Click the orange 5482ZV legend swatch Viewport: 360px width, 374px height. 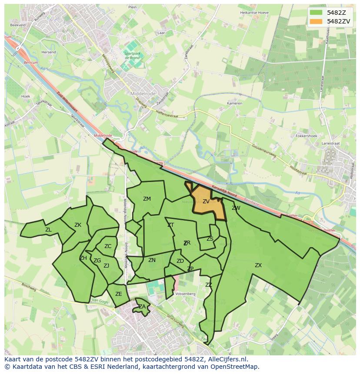[x=317, y=21]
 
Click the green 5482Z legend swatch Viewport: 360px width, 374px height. [x=317, y=13]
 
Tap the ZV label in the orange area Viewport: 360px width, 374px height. [x=206, y=202]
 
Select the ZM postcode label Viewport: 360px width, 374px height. [x=147, y=199]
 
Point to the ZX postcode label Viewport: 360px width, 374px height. [x=258, y=265]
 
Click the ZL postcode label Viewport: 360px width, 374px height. [x=48, y=230]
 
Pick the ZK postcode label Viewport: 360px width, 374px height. [x=78, y=225]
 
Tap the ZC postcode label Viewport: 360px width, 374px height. [x=108, y=246]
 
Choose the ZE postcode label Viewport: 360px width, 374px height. [x=119, y=294]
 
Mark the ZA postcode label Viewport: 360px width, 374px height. [x=142, y=307]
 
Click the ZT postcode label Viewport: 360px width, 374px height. [x=170, y=225]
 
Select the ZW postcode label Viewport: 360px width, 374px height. [x=236, y=208]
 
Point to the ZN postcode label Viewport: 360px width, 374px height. [x=152, y=260]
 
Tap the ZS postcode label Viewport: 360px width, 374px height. [x=210, y=239]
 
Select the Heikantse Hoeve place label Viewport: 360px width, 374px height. [x=255, y=13]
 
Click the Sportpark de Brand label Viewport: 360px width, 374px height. [x=132, y=56]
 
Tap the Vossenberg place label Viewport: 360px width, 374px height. [x=185, y=294]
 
